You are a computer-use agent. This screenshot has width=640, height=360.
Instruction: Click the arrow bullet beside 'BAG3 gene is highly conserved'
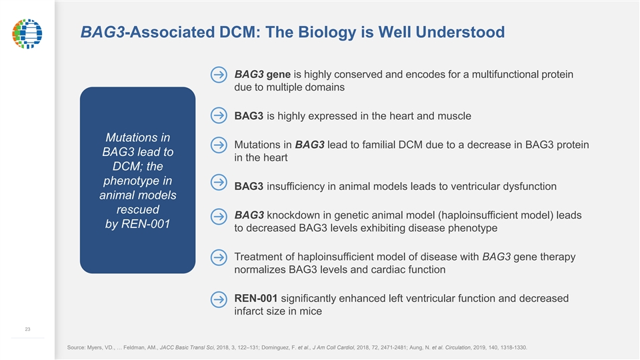[218, 74]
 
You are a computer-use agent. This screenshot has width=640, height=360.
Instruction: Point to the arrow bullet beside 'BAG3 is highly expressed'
[218, 115]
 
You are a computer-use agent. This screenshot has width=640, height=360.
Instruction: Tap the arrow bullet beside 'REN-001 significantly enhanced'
[218, 299]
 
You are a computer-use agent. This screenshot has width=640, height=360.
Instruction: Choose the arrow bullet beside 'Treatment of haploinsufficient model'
[218, 257]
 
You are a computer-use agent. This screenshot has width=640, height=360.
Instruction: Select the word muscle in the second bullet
[453, 116]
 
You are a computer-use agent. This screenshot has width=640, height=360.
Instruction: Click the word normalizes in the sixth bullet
[260, 270]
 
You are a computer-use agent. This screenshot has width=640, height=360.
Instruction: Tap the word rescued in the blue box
[137, 209]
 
